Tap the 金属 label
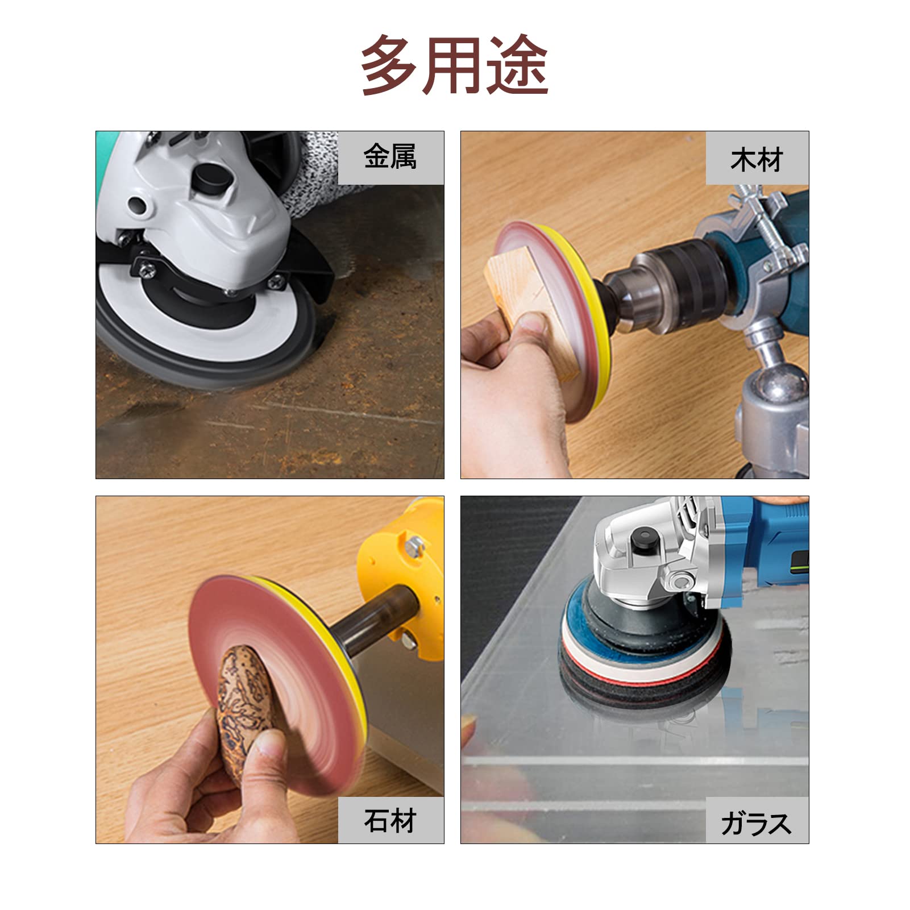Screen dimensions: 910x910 (x=390, y=157)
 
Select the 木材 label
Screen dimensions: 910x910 (x=757, y=160)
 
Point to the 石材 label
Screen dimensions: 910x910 (x=390, y=820)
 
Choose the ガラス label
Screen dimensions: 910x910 (x=757, y=823)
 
